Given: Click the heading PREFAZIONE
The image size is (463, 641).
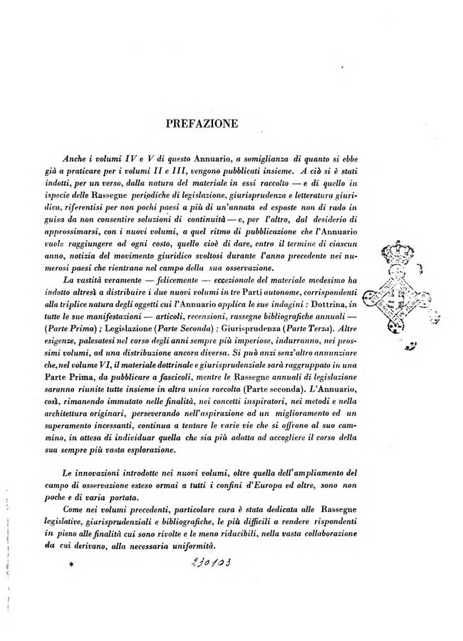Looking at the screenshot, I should coord(202,123).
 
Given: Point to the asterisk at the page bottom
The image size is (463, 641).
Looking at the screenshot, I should coord(71,566).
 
